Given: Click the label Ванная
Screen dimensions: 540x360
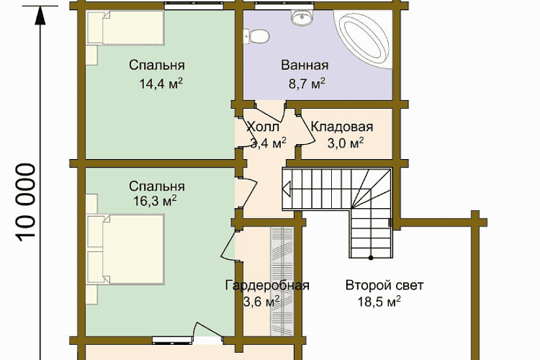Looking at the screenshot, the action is [304, 65].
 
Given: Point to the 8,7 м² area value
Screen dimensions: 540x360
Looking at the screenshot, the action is [306, 84].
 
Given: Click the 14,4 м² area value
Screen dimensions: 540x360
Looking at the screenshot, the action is [160, 84].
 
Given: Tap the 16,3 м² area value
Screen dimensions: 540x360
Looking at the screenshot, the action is [154, 200].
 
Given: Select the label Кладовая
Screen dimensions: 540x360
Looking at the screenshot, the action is [342, 127].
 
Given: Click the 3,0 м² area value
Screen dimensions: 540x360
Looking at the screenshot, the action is [345, 143].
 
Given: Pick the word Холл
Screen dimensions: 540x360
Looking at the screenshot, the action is [263, 127].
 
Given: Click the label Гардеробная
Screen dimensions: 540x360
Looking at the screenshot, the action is [267, 285].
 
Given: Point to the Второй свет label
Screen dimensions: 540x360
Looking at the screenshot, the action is [384, 285].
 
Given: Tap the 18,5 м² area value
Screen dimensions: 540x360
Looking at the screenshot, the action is [379, 302].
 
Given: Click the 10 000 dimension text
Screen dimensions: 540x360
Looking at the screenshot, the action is [26, 202].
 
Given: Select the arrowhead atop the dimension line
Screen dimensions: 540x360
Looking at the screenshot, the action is [41, 15].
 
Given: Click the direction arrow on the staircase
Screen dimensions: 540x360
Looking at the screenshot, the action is [287, 189].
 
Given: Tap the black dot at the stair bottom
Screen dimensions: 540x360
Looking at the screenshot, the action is [371, 257].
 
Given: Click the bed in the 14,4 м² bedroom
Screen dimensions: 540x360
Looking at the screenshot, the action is [126, 28].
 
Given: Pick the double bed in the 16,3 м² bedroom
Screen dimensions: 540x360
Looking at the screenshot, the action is [126, 249].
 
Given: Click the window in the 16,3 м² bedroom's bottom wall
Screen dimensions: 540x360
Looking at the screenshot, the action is [172, 340].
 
